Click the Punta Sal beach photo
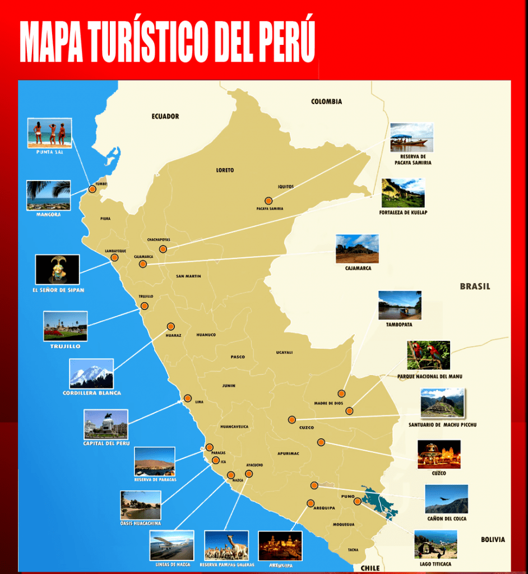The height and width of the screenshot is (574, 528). (x=50, y=133)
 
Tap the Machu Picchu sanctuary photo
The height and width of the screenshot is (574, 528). (x=443, y=403)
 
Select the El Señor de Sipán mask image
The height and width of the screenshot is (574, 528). (x=57, y=269)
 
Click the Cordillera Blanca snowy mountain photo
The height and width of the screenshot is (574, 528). (x=91, y=374)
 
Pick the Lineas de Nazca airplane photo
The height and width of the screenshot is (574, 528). (x=172, y=545)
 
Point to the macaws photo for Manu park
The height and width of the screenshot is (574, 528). (x=428, y=355)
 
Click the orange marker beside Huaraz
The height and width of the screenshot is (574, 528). (x=170, y=326)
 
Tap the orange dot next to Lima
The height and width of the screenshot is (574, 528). (x=188, y=399)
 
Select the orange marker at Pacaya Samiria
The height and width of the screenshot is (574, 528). (x=268, y=201)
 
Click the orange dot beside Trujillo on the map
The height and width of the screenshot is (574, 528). (x=145, y=306)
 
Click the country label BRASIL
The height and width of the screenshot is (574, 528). (x=475, y=286)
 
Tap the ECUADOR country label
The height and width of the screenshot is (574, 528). (x=165, y=117)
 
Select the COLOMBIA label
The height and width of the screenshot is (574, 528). (x=326, y=101)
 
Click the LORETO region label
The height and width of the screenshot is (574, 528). (x=225, y=170)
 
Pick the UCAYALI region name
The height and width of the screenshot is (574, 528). (x=284, y=353)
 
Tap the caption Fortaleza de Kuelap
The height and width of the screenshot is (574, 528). (x=403, y=212)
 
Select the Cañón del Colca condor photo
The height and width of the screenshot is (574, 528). (x=446, y=499)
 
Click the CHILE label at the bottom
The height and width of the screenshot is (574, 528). (x=369, y=567)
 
